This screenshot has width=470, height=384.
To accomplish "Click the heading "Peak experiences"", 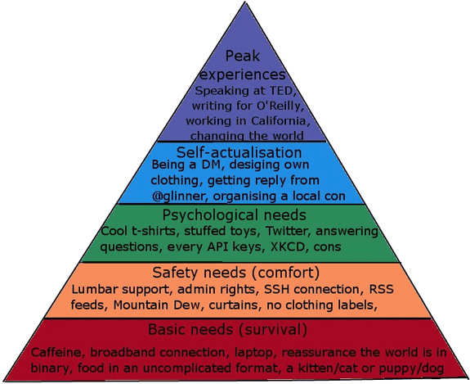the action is pyautogui.click(x=243, y=66).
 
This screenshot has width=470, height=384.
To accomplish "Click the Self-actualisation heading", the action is pyautogui.click(x=239, y=152).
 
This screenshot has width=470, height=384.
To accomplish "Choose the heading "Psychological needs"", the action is pyautogui.click(x=234, y=215).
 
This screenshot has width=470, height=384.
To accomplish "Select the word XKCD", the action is pyautogui.click(x=288, y=246).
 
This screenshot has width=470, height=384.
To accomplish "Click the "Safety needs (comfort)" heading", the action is pyautogui.click(x=236, y=273).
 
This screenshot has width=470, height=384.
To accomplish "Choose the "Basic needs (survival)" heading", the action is pyautogui.click(x=227, y=329).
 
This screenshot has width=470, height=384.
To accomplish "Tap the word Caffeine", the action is pyautogui.click(x=56, y=352).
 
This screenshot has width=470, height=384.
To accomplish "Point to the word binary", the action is pyautogui.click(x=51, y=368).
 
